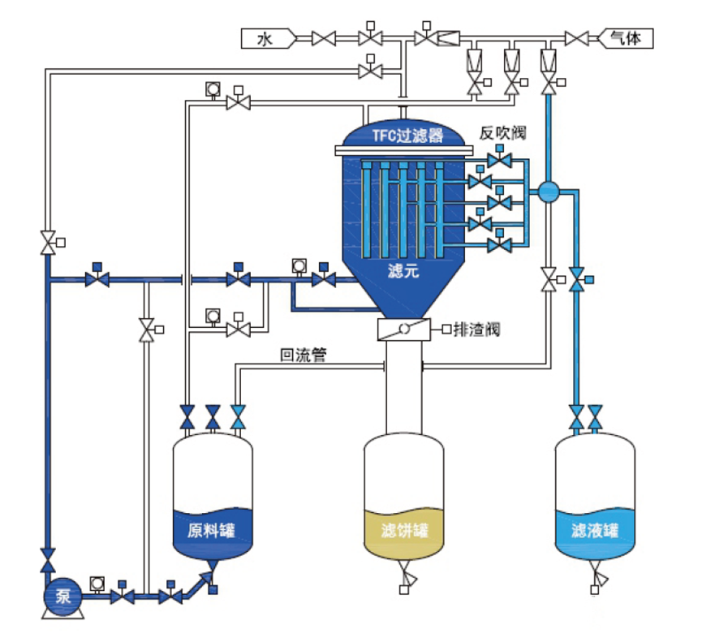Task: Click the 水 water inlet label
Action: (264, 37)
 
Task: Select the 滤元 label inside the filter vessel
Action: (403, 273)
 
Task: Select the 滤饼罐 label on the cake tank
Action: (403, 532)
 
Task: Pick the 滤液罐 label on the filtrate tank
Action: (595, 532)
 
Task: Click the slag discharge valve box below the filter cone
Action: (403, 330)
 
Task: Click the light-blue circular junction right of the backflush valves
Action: (548, 192)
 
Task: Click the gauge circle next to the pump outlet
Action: (97, 582)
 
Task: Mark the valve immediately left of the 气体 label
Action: (577, 37)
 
